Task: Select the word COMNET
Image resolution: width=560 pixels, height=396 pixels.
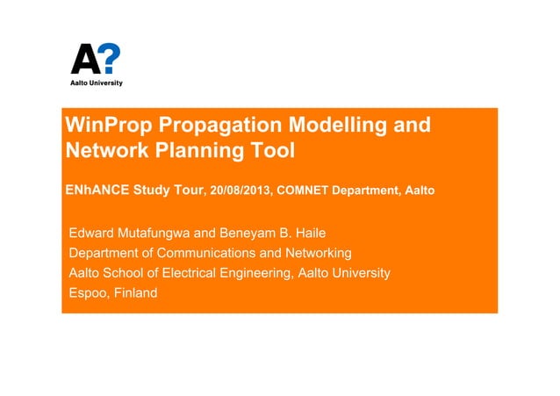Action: point(304,190)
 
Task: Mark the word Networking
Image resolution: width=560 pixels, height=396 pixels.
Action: point(319,254)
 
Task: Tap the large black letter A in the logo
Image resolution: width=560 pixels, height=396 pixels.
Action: point(85,60)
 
